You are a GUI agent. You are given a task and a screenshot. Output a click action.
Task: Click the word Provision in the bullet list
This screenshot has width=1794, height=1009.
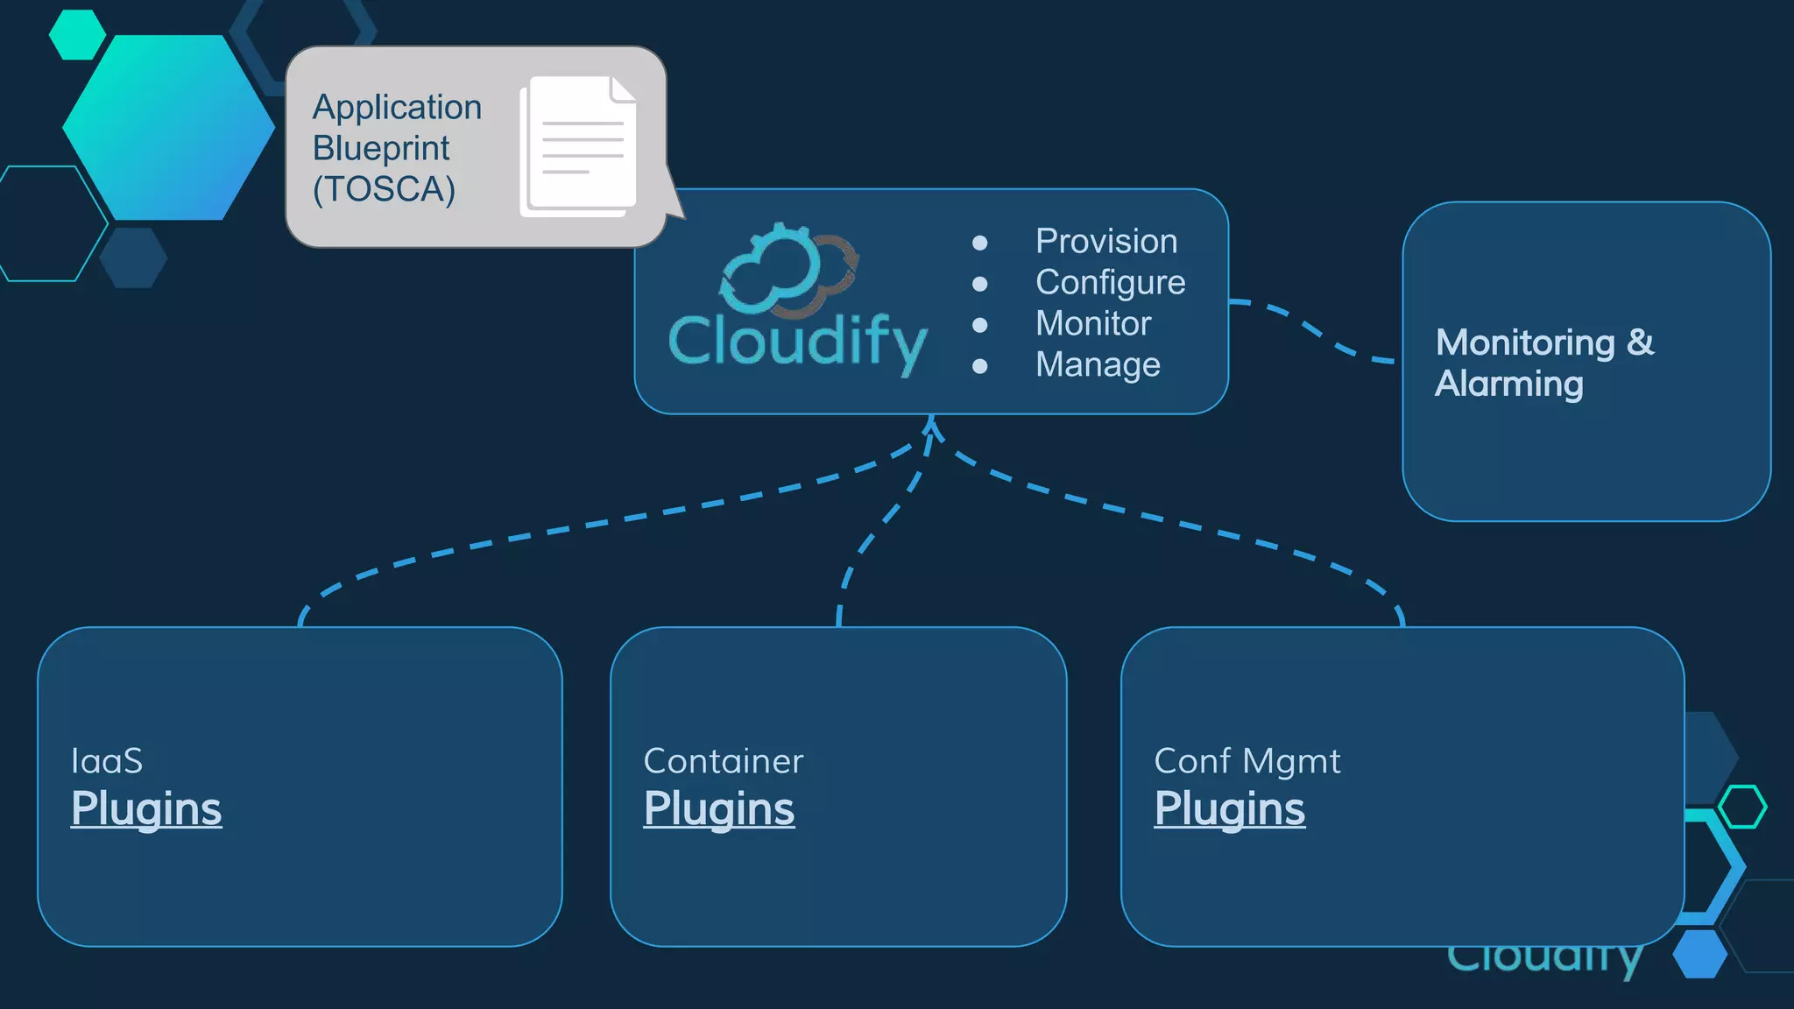click(x=1105, y=242)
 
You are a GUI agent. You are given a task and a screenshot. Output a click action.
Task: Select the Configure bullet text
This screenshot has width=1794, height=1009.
click(x=1110, y=283)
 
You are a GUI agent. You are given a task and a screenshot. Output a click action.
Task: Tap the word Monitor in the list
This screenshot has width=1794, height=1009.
click(x=1092, y=324)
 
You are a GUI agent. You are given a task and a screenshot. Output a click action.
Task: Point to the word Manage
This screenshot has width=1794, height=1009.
click(x=1097, y=365)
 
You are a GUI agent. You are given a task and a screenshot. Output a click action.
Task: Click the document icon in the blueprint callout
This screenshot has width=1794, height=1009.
click(x=579, y=146)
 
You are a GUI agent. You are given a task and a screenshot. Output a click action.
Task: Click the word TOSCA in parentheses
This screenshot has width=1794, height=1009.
click(x=385, y=190)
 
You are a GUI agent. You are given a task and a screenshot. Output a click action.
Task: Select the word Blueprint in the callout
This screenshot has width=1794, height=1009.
click(x=381, y=149)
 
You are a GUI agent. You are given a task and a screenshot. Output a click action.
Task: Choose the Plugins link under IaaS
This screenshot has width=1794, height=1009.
click(x=146, y=808)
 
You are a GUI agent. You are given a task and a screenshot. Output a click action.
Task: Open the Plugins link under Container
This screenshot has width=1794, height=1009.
click(x=718, y=808)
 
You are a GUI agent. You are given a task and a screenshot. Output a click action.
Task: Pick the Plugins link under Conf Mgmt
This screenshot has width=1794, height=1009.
click(x=1229, y=808)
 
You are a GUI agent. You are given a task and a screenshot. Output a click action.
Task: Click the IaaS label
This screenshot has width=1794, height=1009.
click(x=107, y=761)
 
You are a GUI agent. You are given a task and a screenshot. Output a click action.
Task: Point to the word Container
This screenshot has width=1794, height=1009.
click(x=723, y=761)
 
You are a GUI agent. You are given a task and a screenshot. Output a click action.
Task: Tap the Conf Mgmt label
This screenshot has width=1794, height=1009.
click(x=1247, y=761)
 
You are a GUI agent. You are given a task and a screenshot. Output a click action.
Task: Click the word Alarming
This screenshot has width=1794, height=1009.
click(x=1508, y=384)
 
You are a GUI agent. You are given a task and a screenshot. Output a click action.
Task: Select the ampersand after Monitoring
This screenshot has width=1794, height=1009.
click(x=1641, y=342)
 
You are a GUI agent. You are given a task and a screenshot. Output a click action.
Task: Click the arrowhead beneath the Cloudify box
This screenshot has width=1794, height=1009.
click(x=932, y=427)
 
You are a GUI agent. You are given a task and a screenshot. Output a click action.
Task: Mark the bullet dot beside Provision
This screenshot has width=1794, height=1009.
click(x=980, y=243)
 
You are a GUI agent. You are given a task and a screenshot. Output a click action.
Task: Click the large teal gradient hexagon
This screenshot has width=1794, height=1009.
click(x=168, y=128)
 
